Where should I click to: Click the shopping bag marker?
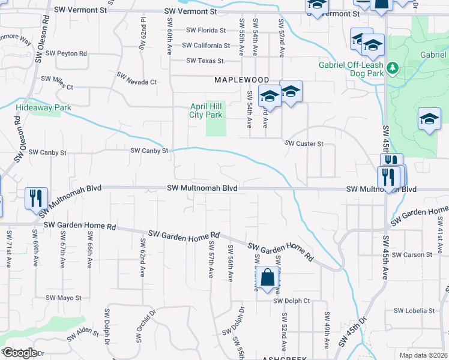click(x=267, y=278)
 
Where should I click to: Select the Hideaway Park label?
click(x=43, y=108)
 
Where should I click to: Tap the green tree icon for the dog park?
click(x=393, y=67)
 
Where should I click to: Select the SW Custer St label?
click(x=304, y=144)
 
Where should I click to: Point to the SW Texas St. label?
click(x=205, y=61)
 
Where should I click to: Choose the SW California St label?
click(x=206, y=46)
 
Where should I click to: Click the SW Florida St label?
click(x=206, y=30)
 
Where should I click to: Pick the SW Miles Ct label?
click(x=56, y=82)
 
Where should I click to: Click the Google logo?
click(x=20, y=353)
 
